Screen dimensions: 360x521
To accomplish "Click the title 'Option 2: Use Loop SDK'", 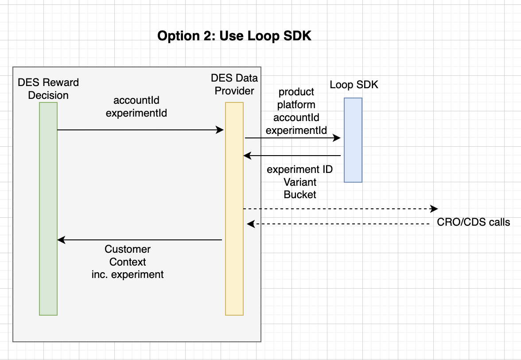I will pyautogui.click(x=234, y=36).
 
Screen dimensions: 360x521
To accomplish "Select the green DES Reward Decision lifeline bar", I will pyautogui.click(x=48, y=208).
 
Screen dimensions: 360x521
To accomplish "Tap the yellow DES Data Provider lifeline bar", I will pyautogui.click(x=234, y=208).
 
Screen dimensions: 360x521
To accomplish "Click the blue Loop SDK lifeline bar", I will pyautogui.click(x=353, y=140).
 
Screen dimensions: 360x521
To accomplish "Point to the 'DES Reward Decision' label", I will pyautogui.click(x=48, y=89).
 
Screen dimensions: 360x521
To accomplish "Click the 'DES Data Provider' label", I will pyautogui.click(x=234, y=84).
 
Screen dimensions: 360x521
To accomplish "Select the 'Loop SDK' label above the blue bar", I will pyautogui.click(x=354, y=85).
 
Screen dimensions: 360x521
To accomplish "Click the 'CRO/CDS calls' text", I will pyautogui.click(x=473, y=222).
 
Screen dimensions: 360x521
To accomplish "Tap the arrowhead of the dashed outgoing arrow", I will pyautogui.click(x=434, y=208).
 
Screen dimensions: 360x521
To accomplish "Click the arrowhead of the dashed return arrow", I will pyautogui.click(x=251, y=224).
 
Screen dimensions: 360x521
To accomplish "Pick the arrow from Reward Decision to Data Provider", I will pyautogui.click(x=140, y=129).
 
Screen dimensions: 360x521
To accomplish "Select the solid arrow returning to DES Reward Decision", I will pyautogui.click(x=140, y=240).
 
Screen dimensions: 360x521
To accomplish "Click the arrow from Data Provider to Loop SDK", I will pyautogui.click(x=292, y=138).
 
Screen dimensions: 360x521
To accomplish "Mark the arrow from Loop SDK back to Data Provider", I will pyautogui.click(x=292, y=156).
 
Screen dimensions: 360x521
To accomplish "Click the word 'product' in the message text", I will pyautogui.click(x=296, y=92).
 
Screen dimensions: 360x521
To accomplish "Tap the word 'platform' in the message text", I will pyautogui.click(x=296, y=105).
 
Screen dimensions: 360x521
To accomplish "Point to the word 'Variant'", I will pyautogui.click(x=300, y=182).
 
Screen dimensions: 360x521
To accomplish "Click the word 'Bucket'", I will pyautogui.click(x=300, y=195).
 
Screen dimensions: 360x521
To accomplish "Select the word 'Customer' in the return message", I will pyautogui.click(x=128, y=249).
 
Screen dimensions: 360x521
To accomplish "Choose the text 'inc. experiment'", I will pyautogui.click(x=128, y=274).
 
